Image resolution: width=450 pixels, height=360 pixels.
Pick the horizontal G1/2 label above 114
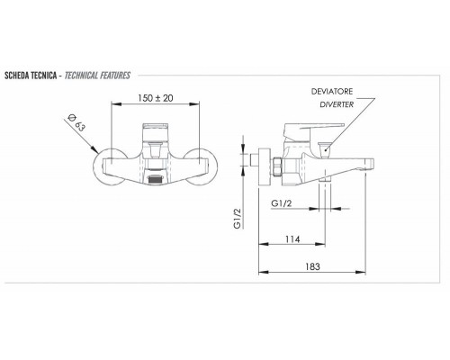pyautogui.click(x=282, y=204)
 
